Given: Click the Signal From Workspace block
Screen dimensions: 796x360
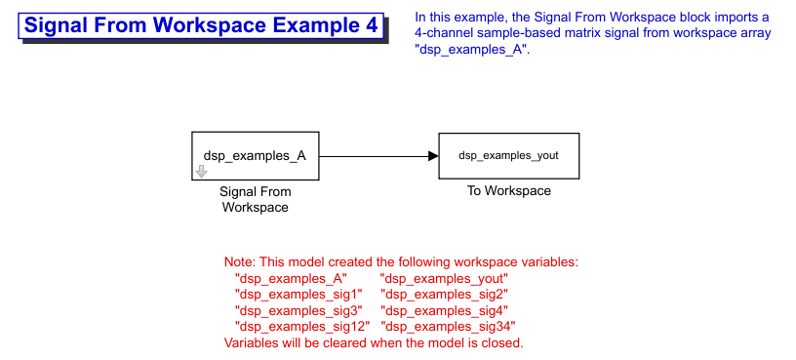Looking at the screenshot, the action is coord(255,156).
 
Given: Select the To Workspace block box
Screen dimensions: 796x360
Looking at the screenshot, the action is coord(508,156).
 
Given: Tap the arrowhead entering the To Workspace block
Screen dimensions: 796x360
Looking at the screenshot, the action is coord(433,156).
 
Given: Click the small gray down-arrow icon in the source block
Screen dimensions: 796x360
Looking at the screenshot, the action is coord(202,171).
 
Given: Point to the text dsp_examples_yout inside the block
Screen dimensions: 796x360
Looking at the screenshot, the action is coord(508,156).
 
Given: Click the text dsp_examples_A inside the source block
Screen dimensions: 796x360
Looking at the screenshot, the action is coord(255,156).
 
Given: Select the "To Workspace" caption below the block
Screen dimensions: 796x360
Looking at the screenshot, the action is coord(508,191).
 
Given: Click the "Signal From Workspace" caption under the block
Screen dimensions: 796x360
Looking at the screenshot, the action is coord(256,200).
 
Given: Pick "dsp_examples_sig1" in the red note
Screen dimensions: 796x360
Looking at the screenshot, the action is coord(298,294).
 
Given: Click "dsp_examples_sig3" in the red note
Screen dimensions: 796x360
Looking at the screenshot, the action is coord(298,309).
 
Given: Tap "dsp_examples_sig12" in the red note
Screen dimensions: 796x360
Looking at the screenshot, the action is coord(302,326).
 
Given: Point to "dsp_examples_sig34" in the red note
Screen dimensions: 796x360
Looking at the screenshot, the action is coord(449,326).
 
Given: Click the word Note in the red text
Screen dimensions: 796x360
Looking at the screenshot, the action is coord(240,262).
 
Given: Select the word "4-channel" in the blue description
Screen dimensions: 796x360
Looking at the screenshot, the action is coord(440,34).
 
